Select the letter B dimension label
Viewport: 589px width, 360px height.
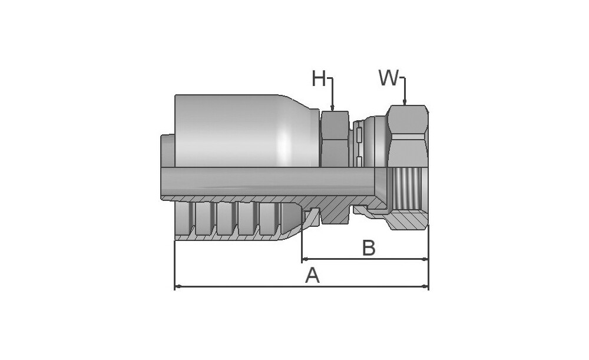369,248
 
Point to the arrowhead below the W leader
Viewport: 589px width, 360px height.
405,101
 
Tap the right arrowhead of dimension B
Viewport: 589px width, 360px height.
425,259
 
